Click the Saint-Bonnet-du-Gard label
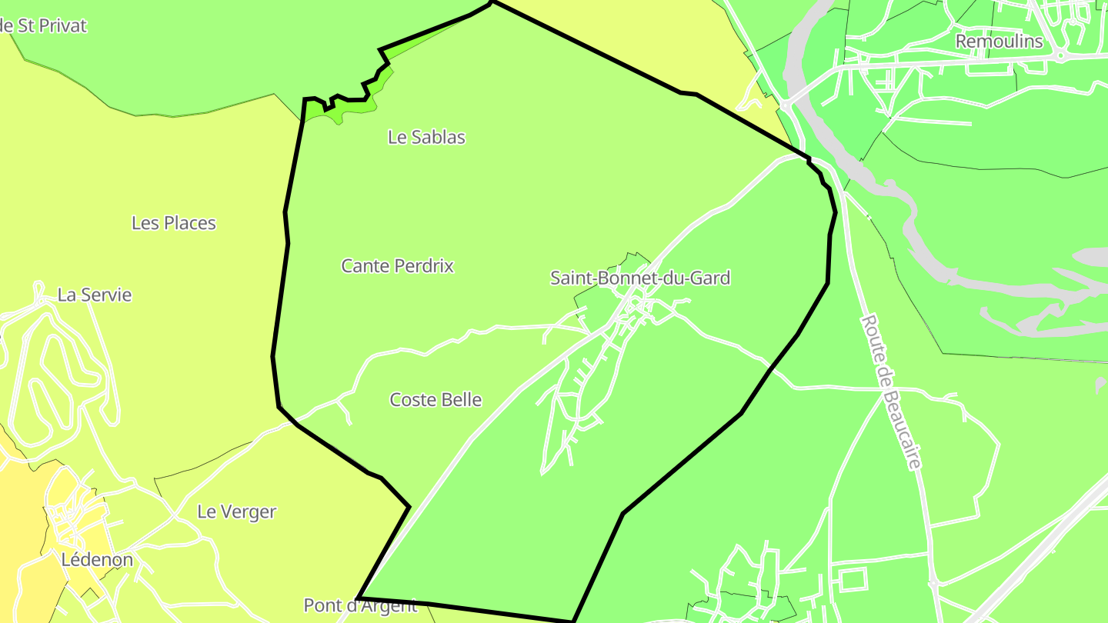(639, 278)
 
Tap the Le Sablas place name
(426, 137)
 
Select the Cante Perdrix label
(397, 266)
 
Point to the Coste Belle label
(436, 400)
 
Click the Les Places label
(174, 223)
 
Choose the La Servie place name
(95, 295)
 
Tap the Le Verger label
(236, 511)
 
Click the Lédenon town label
(97, 560)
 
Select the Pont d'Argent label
(360, 605)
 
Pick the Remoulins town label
(999, 42)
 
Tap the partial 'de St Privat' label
(43, 25)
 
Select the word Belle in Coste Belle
(460, 400)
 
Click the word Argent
(389, 605)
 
